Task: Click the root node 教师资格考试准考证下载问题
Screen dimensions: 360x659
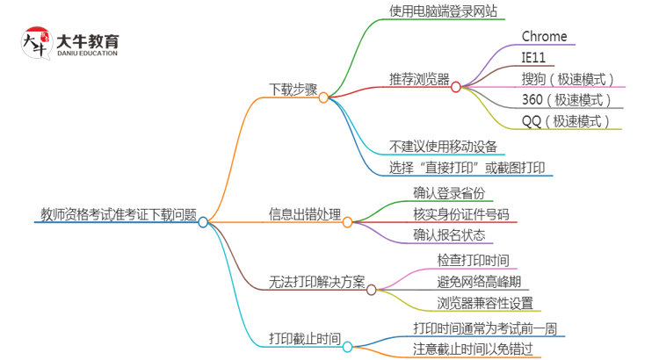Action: click(119, 214)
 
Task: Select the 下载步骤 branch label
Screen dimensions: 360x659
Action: click(293, 89)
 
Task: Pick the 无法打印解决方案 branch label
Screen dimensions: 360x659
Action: click(316, 282)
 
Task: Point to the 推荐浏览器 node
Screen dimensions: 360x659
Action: click(419, 78)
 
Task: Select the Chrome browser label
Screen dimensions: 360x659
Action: click(545, 36)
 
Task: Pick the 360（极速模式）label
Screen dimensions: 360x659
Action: click(567, 100)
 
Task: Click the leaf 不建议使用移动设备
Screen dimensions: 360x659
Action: click(443, 146)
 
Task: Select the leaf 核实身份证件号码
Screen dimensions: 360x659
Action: click(460, 213)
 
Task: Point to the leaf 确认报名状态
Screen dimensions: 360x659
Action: click(449, 234)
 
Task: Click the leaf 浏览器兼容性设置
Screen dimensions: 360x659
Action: click(484, 303)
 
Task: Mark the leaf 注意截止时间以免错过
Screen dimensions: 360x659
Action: click(472, 349)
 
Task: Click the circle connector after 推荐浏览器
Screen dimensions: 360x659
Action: click(455, 87)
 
